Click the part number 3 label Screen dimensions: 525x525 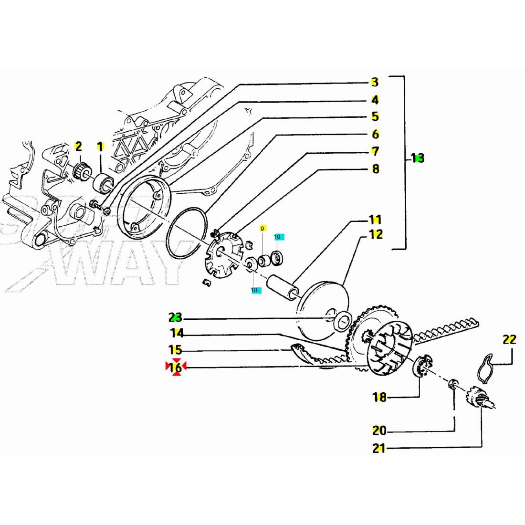click(375, 82)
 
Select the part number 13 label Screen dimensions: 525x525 click(418, 158)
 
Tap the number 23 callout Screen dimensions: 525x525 click(175, 317)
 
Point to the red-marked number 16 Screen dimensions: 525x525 click(176, 367)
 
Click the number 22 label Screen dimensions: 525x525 click(509, 340)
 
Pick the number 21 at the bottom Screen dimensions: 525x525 click(378, 449)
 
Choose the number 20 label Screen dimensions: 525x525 click(379, 430)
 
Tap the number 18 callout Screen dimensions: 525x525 click(379, 397)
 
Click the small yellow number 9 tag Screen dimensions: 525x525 click(262, 229)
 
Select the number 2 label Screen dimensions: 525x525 click(78, 146)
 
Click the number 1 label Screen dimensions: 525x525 click(100, 146)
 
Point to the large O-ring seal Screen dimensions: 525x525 click(187, 234)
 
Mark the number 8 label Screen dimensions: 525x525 click(376, 168)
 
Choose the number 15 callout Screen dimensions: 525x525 click(175, 350)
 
